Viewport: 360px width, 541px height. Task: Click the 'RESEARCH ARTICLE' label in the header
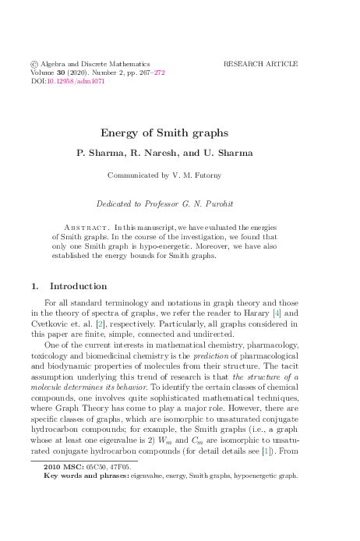point(260,64)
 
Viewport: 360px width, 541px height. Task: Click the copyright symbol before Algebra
point(34,64)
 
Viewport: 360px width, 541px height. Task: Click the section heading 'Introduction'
point(79,286)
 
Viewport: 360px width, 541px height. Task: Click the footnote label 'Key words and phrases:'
point(86,474)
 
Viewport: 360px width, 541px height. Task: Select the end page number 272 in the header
point(160,72)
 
